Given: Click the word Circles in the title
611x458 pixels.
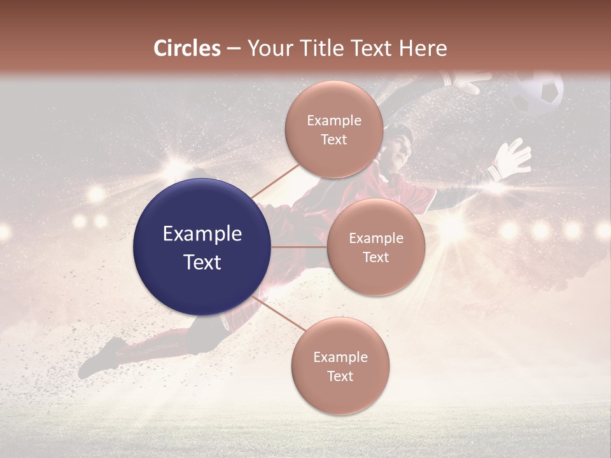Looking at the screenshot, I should click(x=186, y=48).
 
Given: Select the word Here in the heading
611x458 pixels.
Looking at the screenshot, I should click(x=423, y=48).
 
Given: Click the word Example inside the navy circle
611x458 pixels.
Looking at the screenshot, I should click(x=202, y=234).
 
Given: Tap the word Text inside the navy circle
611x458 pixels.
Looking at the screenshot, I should click(x=202, y=262).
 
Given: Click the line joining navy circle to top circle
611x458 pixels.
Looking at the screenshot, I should click(x=275, y=180).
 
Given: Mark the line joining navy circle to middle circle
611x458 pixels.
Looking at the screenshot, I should click(x=299, y=247).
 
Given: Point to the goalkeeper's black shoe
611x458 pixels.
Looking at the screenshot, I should click(x=102, y=358).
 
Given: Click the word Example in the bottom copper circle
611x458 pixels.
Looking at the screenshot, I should click(x=340, y=357).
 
